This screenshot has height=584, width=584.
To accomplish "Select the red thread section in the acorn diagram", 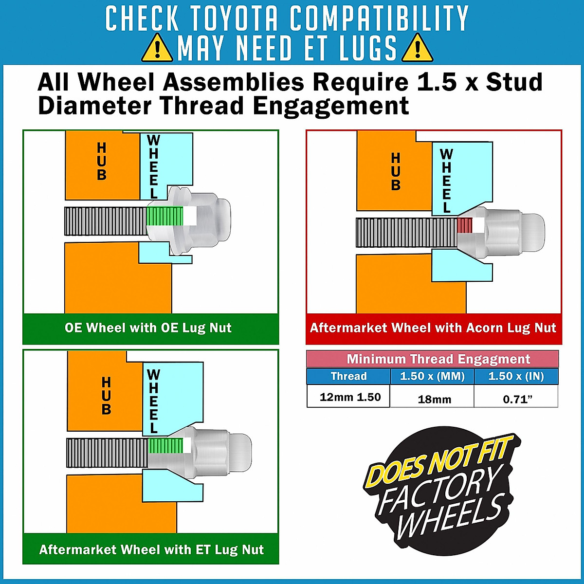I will [465, 225].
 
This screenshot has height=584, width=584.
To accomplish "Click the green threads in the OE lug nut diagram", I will [165, 216].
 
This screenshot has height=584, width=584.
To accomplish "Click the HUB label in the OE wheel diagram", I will [102, 161].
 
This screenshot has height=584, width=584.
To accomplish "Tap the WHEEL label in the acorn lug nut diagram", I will [446, 181].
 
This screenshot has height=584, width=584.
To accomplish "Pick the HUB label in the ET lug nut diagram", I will [106, 396].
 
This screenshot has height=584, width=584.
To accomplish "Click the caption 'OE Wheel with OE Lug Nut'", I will [148, 328].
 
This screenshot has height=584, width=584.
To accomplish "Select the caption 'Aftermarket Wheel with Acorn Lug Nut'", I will [433, 328].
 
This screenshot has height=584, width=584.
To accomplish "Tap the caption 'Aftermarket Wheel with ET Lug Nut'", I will [151, 549].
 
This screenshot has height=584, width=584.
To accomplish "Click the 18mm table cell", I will [434, 400].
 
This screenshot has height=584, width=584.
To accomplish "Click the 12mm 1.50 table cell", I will [350, 397].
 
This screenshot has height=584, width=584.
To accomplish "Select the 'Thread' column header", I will [348, 376].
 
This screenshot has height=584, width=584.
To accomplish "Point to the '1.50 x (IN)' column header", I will [516, 376].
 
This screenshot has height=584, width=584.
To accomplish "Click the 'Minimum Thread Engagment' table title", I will [438, 359].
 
